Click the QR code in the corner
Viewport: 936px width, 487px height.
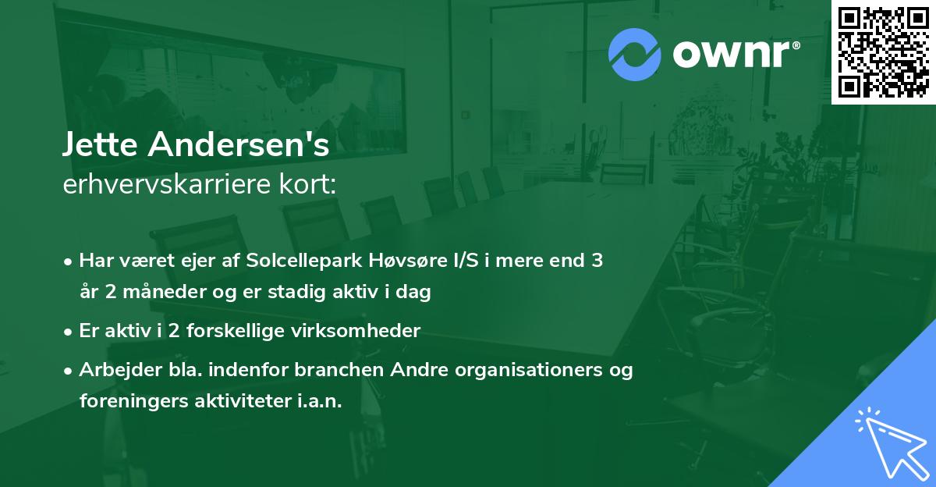click(x=882, y=52)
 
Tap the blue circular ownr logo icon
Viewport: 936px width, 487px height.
click(x=634, y=54)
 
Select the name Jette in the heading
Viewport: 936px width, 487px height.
click(x=101, y=145)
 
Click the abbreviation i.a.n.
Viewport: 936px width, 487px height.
click(x=318, y=401)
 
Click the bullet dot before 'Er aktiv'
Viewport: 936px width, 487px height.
click(x=69, y=332)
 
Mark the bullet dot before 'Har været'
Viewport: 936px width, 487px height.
click(x=69, y=261)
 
